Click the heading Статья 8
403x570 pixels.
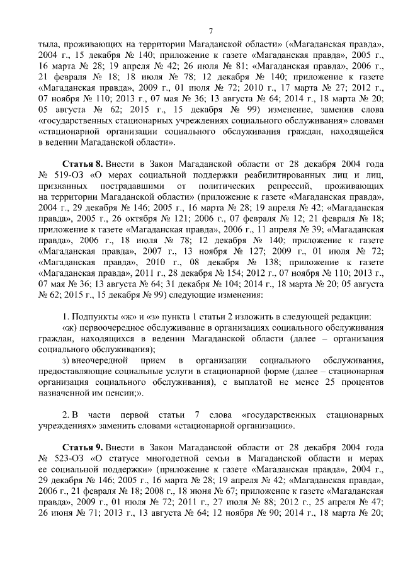(84, 163)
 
